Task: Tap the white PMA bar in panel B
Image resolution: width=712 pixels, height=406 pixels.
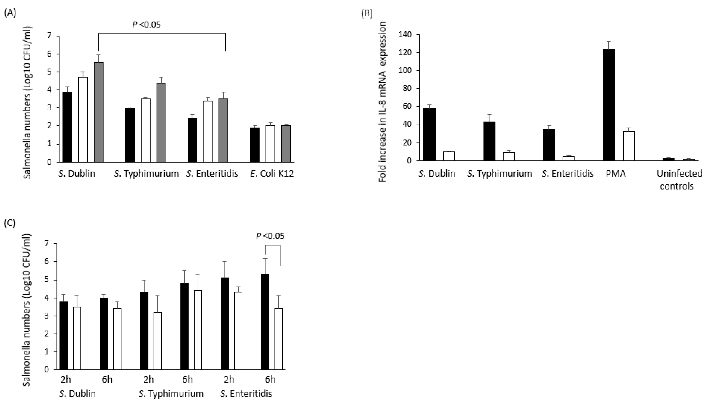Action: pyautogui.click(x=629, y=146)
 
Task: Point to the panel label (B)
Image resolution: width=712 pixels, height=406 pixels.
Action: pyautogui.click(x=367, y=13)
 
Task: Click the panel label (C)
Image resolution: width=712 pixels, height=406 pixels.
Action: pyautogui.click(x=10, y=223)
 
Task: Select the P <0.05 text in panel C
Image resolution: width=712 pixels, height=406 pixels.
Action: pyautogui.click(x=270, y=236)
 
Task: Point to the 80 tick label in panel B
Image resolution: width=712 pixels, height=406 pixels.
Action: pyautogui.click(x=407, y=89)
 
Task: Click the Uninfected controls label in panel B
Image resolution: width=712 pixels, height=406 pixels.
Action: pyautogui.click(x=679, y=180)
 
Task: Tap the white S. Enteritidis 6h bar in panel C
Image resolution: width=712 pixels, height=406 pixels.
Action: pyautogui.click(x=278, y=339)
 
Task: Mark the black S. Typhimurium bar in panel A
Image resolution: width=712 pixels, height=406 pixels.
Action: pyautogui.click(x=130, y=135)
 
